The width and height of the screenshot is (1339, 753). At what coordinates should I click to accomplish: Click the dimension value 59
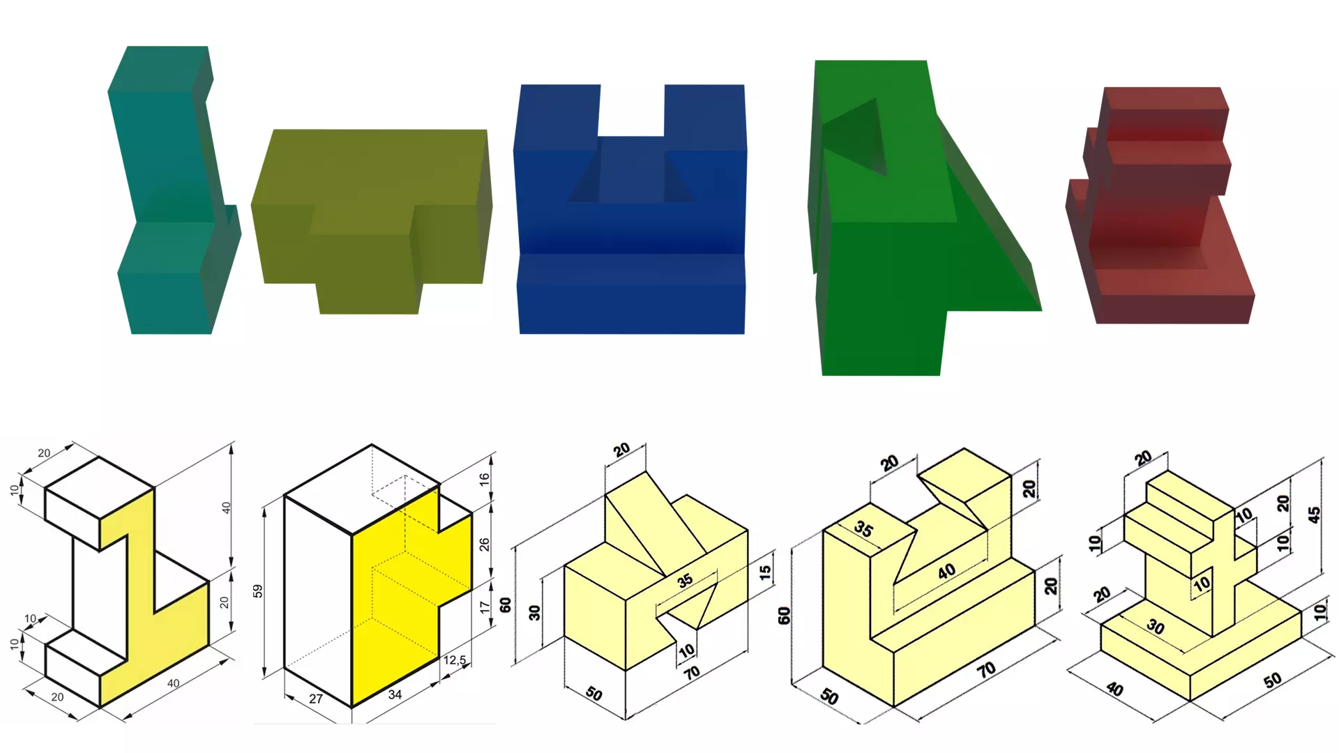coord(257,591)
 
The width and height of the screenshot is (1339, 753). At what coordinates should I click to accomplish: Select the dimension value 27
coord(316,699)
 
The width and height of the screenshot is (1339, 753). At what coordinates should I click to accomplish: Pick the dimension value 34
coord(395,694)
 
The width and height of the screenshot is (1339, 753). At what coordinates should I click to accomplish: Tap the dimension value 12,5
coord(455,660)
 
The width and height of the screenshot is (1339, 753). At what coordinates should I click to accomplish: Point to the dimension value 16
coord(484,479)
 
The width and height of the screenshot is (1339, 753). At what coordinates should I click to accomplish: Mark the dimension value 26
coord(484,544)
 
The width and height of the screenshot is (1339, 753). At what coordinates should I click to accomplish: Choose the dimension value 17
coord(485,607)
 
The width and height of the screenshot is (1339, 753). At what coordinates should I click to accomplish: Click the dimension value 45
coord(1314,515)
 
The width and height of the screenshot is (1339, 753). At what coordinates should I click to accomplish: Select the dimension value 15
coord(765,572)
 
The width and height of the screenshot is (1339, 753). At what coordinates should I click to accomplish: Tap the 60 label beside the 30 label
coord(506,604)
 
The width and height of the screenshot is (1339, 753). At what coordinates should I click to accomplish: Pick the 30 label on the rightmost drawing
coord(1156,627)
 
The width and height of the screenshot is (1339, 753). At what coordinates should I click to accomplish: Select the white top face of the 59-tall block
coord(362,489)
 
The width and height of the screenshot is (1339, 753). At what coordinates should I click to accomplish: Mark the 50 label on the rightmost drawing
coord(1273,680)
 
